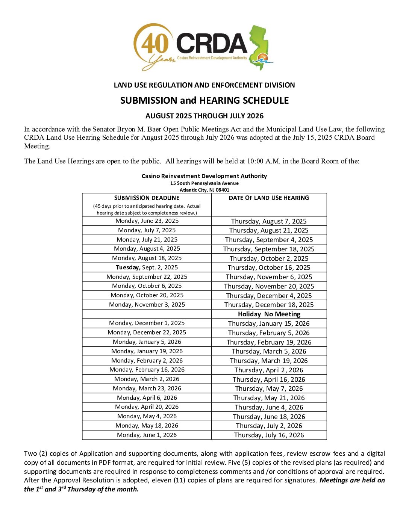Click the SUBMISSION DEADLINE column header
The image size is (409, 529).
147,198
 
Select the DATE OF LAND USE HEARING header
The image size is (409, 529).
269,198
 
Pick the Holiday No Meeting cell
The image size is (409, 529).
269,314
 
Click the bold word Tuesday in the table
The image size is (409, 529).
128,268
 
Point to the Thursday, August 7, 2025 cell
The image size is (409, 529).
269,221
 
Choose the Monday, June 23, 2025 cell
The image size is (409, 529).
147,221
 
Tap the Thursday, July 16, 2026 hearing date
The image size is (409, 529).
269,435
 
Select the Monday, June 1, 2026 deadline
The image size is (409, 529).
147,435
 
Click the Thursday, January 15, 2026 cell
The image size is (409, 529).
269,323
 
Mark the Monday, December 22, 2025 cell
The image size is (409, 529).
147,333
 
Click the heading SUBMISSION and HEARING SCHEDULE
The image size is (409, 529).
204,101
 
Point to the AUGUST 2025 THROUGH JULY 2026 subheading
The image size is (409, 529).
204,116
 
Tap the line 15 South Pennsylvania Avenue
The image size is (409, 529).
204,183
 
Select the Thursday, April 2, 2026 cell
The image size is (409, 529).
269,370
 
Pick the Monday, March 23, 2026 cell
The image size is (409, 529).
147,388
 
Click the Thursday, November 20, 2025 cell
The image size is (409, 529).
269,286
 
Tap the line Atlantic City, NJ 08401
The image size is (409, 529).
204,190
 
